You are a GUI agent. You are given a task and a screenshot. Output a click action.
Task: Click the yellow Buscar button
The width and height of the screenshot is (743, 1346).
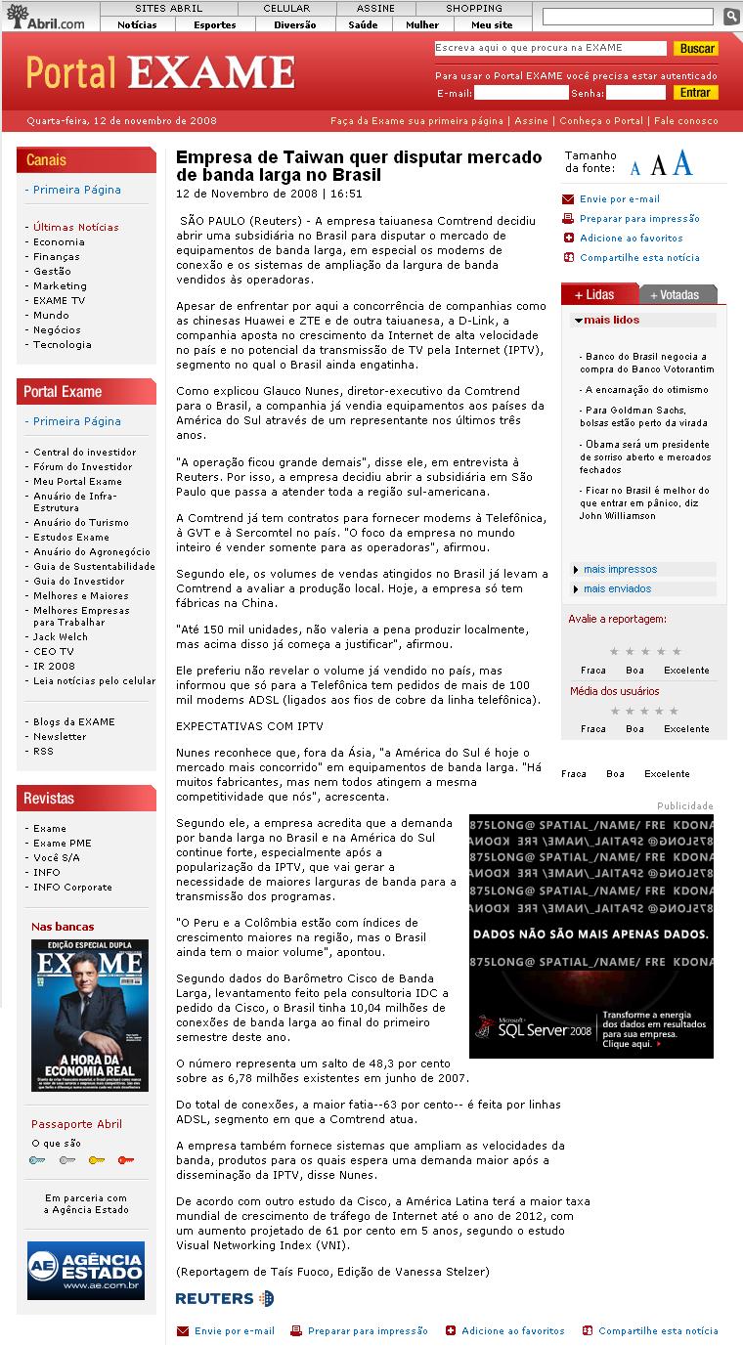pos(696,48)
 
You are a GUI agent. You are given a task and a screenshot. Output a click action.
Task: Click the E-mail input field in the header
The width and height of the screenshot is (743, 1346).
pos(520,93)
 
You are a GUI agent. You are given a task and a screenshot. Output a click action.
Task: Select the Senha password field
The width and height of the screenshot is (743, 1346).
pos(635,93)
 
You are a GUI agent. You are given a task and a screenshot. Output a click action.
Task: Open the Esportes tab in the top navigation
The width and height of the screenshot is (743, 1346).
pos(214,24)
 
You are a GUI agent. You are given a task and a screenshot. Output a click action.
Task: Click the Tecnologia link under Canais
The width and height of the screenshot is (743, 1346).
pos(63,344)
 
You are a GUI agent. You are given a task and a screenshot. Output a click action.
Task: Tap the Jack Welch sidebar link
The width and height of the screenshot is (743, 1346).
pos(61,636)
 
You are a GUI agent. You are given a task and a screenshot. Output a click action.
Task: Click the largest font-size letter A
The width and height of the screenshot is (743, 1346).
pos(681,163)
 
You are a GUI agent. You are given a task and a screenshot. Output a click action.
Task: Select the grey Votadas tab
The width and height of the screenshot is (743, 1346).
pos(679,294)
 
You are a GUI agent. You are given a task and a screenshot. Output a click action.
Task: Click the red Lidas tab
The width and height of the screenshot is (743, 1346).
pos(599,294)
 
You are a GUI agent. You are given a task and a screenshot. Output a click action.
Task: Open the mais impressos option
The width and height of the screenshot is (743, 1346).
pos(620,569)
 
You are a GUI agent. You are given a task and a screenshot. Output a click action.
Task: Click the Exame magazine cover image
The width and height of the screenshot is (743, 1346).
pos(90,1015)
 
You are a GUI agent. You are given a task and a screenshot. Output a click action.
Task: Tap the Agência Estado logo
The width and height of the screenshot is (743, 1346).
pos(86,1270)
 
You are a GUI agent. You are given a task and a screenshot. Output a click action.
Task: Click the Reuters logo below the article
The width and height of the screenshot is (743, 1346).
pos(225,1298)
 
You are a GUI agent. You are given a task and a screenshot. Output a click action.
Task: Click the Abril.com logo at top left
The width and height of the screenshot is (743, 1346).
pos(47,17)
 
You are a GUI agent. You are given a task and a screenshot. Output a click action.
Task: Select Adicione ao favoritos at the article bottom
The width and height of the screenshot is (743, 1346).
pos(512,1330)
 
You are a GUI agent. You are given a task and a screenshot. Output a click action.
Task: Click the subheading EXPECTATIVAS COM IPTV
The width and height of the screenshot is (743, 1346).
pos(249,726)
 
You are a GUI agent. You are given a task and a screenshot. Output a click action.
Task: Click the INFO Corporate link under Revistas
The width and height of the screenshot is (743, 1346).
pos(72,887)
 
